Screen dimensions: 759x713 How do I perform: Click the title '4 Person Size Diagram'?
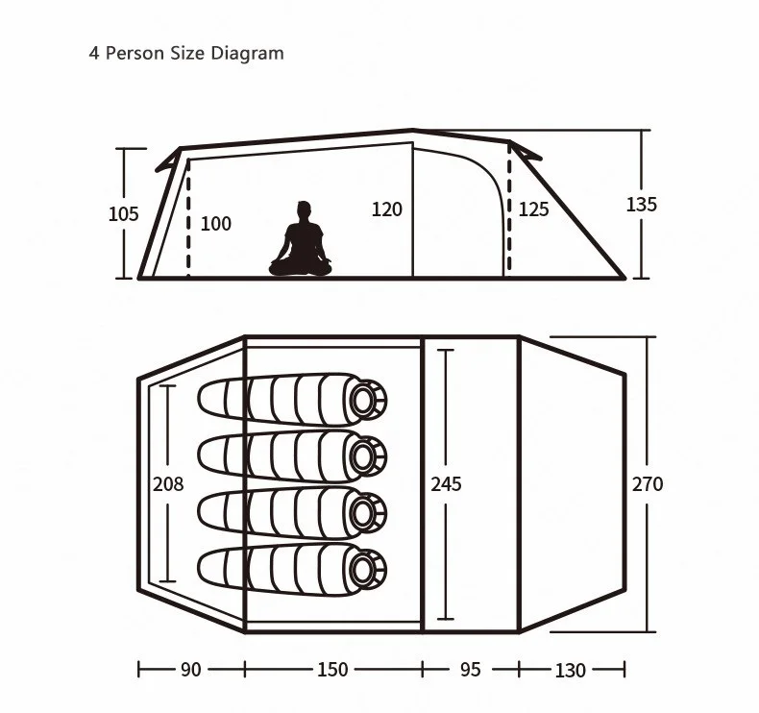[186, 53]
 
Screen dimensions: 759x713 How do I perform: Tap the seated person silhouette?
[301, 242]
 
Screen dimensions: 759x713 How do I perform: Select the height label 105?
[123, 213]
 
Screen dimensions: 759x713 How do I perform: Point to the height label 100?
[216, 224]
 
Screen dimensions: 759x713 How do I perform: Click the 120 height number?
[387, 209]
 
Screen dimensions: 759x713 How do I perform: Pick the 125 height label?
[534, 209]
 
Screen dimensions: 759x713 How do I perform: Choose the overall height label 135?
[642, 205]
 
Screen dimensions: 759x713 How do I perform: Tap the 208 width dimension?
[168, 484]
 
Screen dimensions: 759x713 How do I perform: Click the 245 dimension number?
[446, 484]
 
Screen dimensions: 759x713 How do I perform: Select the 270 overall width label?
[647, 484]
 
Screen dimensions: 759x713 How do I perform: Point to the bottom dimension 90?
[191, 670]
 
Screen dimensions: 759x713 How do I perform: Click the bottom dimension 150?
[332, 670]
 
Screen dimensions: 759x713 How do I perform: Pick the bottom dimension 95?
[470, 670]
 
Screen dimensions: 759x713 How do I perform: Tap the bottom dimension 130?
[570, 670]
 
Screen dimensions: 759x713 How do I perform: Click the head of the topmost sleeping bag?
[366, 398]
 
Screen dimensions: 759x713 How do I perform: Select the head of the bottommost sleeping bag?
[366, 567]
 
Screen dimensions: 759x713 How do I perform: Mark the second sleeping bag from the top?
[293, 454]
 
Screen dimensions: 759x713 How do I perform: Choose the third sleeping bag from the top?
[293, 510]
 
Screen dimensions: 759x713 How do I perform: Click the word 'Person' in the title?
[135, 53]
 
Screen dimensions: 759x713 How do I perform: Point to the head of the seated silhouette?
[305, 209]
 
